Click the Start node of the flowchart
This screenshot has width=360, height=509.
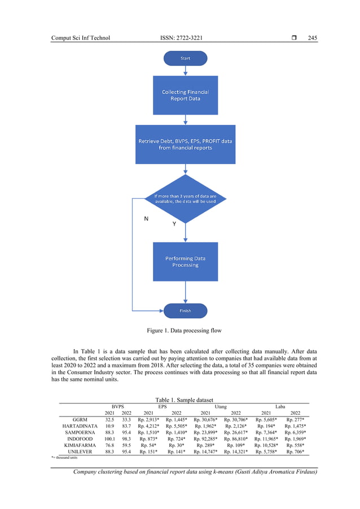click(185, 58)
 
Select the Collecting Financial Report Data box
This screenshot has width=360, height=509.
click(185, 95)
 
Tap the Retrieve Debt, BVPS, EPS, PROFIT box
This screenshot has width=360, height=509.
click(185, 144)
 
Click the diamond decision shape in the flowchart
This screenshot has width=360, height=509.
click(185, 199)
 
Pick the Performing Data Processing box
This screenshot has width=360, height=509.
click(185, 261)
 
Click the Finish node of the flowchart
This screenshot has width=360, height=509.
click(185, 310)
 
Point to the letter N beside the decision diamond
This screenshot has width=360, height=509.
click(146, 218)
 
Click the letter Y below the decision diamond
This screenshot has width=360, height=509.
click(174, 225)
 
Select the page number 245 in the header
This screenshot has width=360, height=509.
click(313, 38)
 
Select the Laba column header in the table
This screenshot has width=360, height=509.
click(280, 406)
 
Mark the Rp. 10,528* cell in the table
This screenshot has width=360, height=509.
click(266, 444)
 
